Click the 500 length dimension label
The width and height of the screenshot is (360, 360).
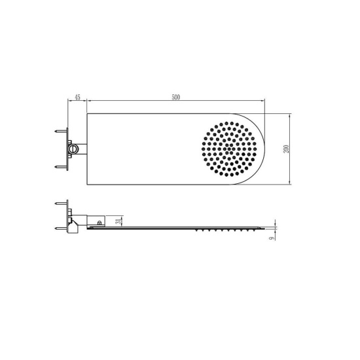coord(175,98)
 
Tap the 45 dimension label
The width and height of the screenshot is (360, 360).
coord(77,98)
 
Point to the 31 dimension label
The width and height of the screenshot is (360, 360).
coord(118,221)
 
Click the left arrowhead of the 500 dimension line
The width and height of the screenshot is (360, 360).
coord(89,101)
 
